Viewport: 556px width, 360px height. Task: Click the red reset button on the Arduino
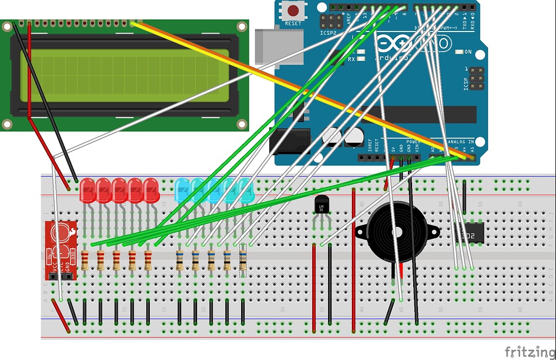(294, 10)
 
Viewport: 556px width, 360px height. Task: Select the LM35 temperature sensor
(321, 206)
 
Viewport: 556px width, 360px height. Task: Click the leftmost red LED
(87, 191)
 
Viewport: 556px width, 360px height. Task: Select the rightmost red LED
(151, 191)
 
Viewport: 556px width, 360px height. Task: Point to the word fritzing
(530, 352)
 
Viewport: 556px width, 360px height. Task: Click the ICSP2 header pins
(331, 22)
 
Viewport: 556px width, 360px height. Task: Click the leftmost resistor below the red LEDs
(85, 261)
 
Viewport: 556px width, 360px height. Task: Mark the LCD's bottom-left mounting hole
(7, 124)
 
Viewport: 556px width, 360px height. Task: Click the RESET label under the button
(293, 24)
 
